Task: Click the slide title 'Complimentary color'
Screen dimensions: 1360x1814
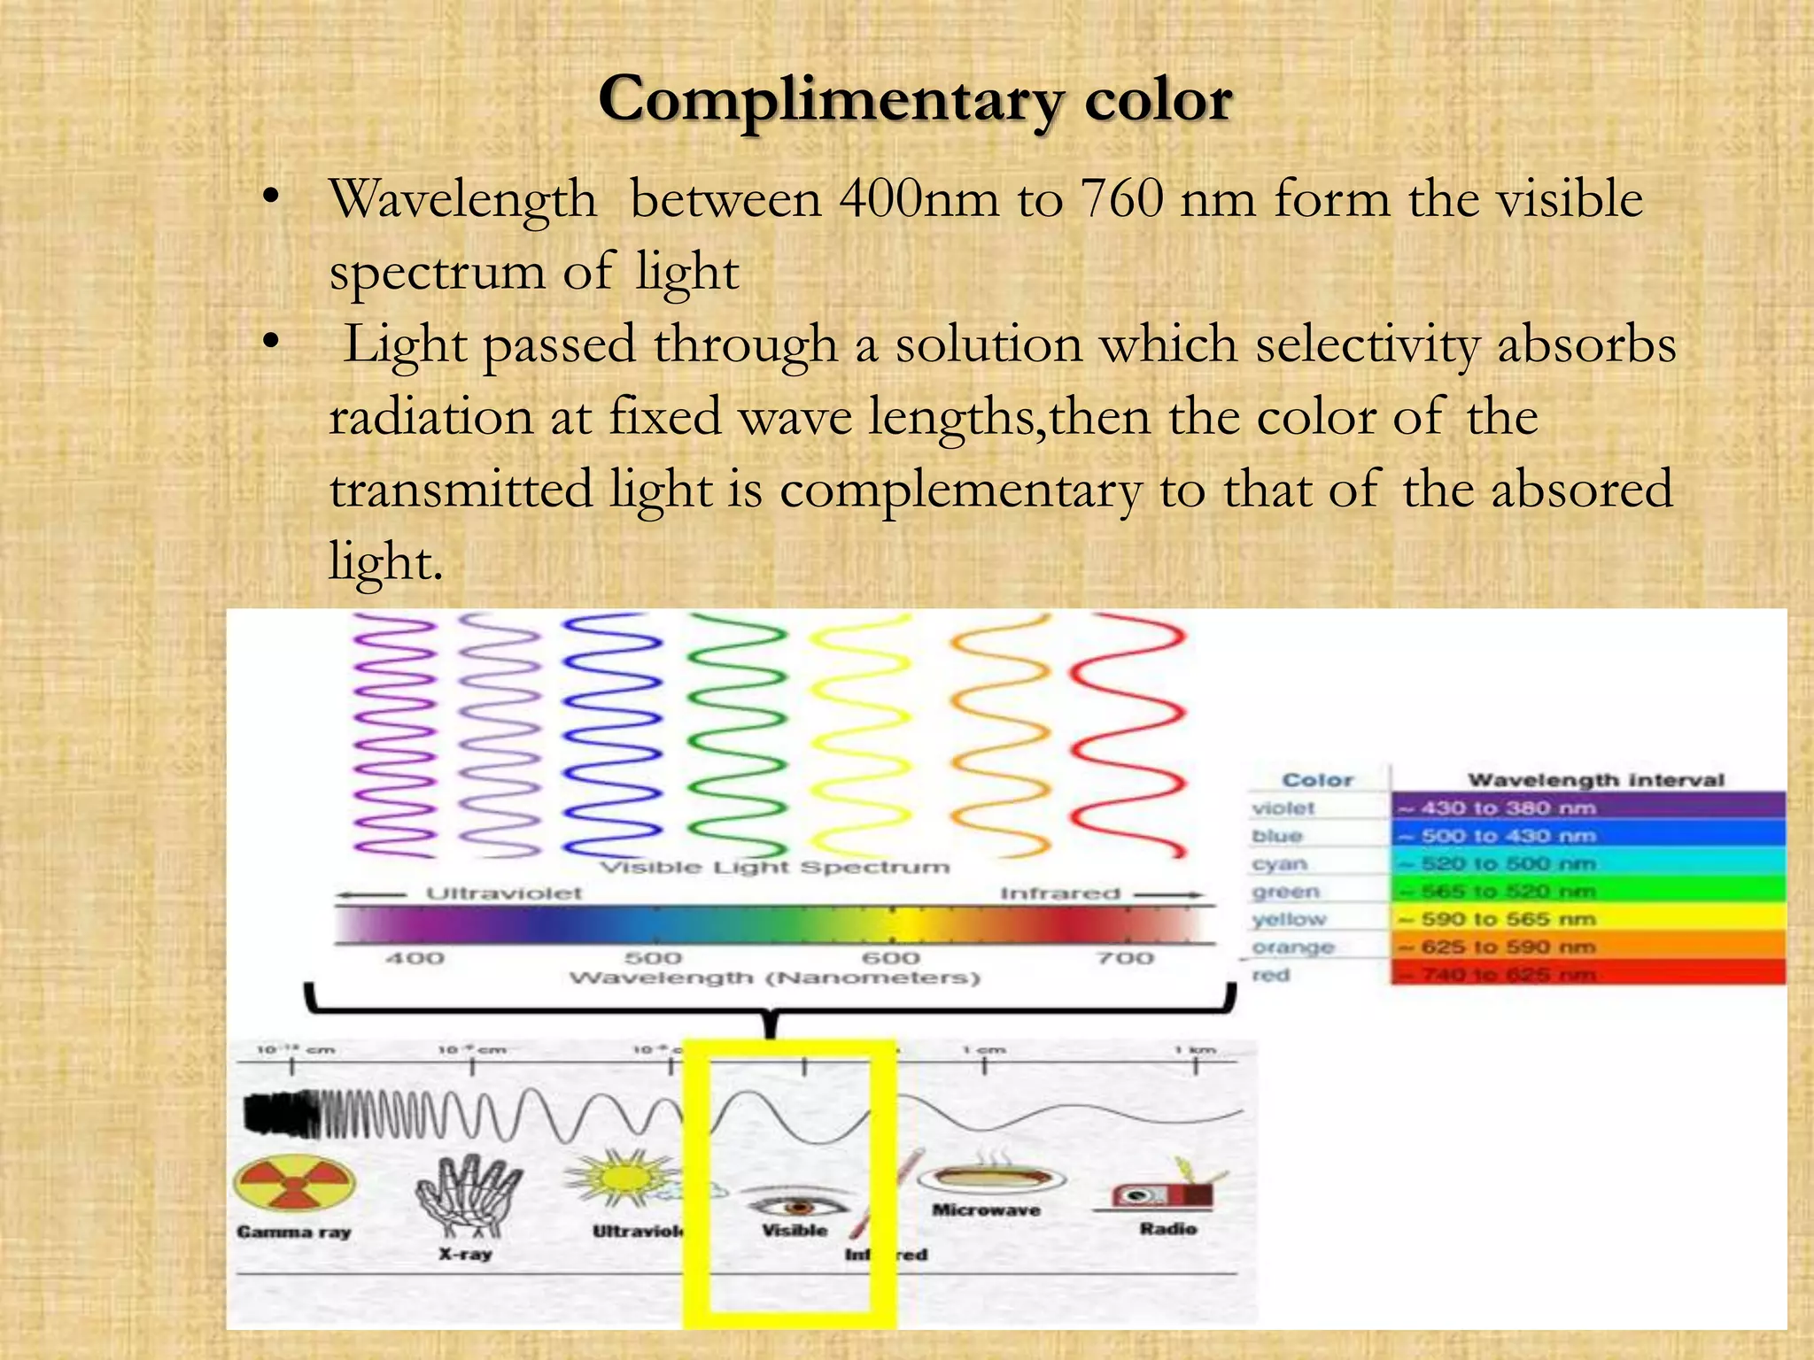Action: click(x=914, y=99)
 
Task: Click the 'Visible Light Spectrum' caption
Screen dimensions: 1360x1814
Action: click(x=774, y=868)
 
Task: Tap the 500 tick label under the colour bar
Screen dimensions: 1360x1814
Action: click(x=653, y=958)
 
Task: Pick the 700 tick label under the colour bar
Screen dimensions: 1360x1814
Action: click(x=1125, y=958)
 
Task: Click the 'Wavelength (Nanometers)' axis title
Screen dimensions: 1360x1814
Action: click(x=774, y=978)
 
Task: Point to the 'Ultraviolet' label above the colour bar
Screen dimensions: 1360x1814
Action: click(x=504, y=893)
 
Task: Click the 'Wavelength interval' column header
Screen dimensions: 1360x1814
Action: click(x=1595, y=780)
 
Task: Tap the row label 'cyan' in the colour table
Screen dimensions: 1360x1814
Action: click(x=1279, y=863)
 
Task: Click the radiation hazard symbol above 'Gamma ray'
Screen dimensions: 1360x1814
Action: click(x=294, y=1184)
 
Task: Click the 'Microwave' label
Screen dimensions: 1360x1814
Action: click(x=986, y=1210)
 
